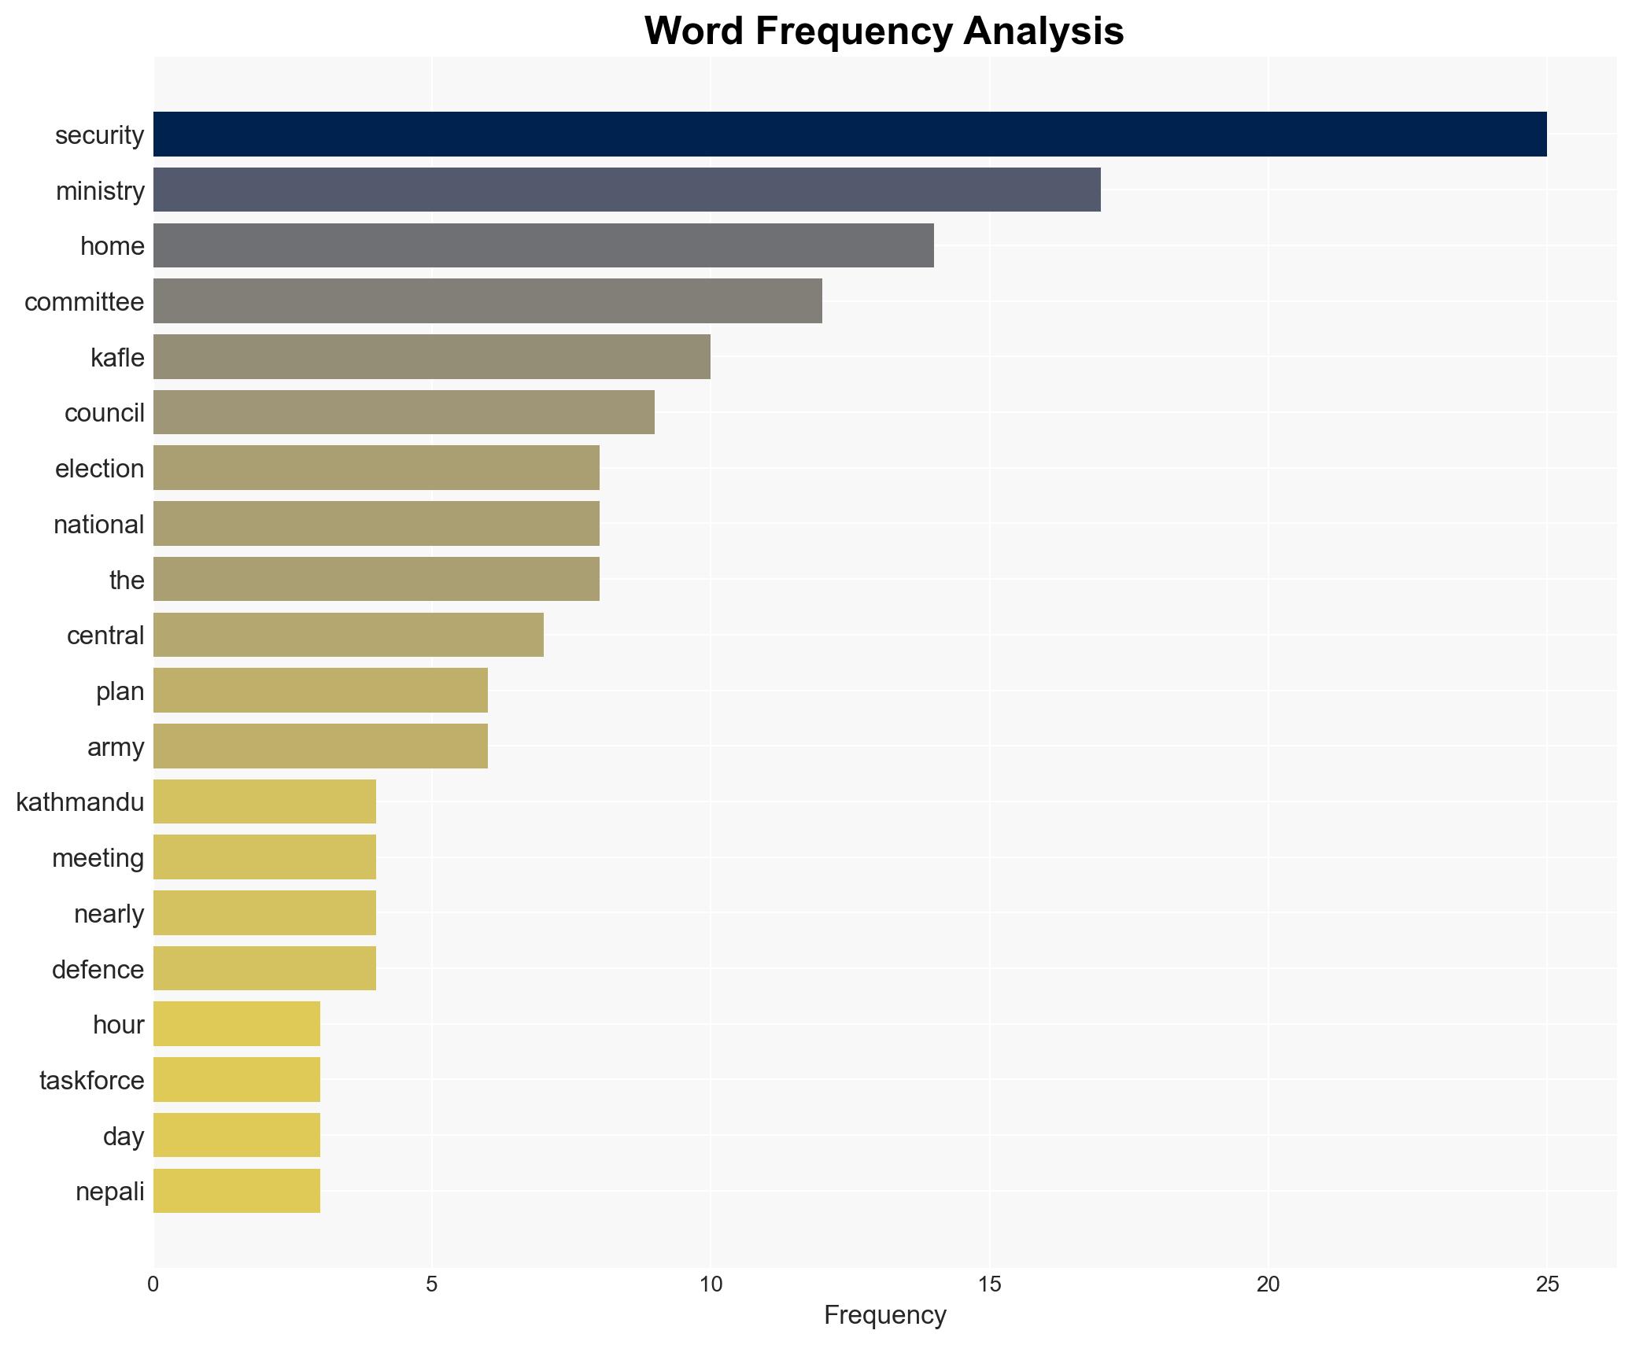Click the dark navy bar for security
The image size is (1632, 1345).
tap(850, 134)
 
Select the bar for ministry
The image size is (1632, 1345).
tap(626, 190)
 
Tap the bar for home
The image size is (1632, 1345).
tap(543, 245)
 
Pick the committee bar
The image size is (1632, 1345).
tap(487, 301)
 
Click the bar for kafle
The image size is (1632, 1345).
tap(431, 357)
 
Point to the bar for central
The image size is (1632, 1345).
tap(348, 635)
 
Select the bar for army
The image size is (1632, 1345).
tap(320, 746)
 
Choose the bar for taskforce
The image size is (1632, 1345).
tap(236, 1080)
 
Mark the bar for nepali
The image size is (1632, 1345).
tap(236, 1191)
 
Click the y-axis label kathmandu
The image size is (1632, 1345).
tap(80, 802)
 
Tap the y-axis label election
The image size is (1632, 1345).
tap(99, 469)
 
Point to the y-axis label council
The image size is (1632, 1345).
tap(104, 413)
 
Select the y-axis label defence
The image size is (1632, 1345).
tap(98, 969)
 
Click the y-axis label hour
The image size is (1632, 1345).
tap(118, 1025)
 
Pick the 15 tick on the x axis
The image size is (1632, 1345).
tap(989, 1284)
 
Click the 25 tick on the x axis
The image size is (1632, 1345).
tap(1546, 1284)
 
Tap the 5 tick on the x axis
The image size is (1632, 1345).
tap(431, 1284)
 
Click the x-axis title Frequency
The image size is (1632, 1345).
tap(884, 1315)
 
